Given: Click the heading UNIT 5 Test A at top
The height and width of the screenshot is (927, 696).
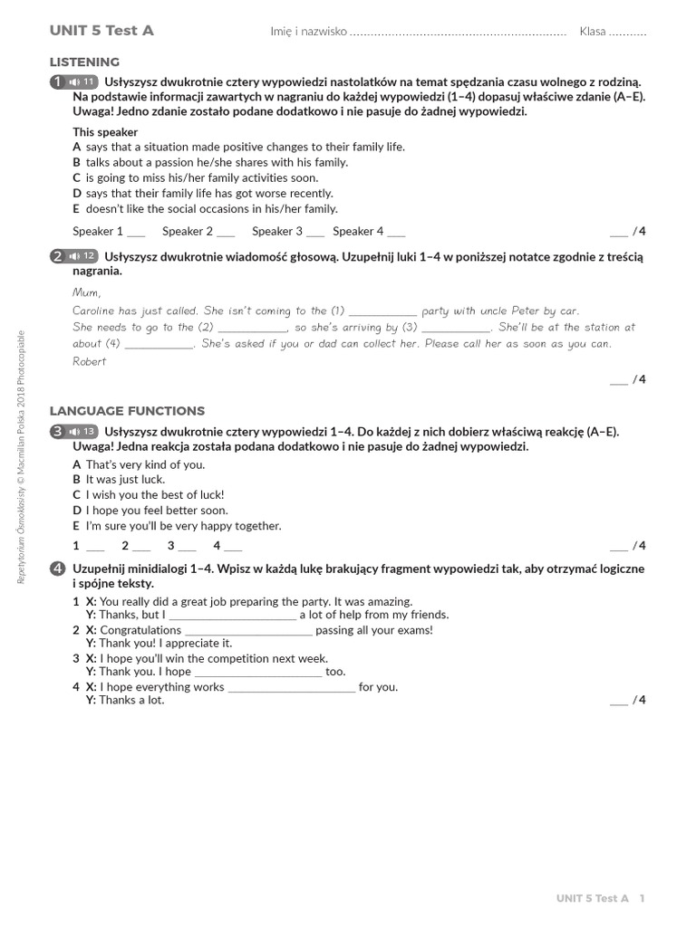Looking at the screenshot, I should pos(101,31).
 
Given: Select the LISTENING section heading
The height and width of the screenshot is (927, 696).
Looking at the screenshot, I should pos(84,62).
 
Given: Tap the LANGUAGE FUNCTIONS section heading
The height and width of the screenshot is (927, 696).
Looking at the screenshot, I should pos(127,411).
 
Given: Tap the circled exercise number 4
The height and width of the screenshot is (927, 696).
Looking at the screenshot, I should pos(58,569).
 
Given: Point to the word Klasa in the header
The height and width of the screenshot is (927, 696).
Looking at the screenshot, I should pos(593,32).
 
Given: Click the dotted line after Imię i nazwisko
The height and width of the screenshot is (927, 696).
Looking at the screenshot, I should pos(458,33).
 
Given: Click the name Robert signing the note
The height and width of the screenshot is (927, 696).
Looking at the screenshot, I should pos(89,361).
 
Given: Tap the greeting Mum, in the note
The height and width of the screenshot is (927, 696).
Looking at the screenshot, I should pos(87,292).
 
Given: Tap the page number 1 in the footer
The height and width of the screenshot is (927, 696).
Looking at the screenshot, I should pos(642,898).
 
